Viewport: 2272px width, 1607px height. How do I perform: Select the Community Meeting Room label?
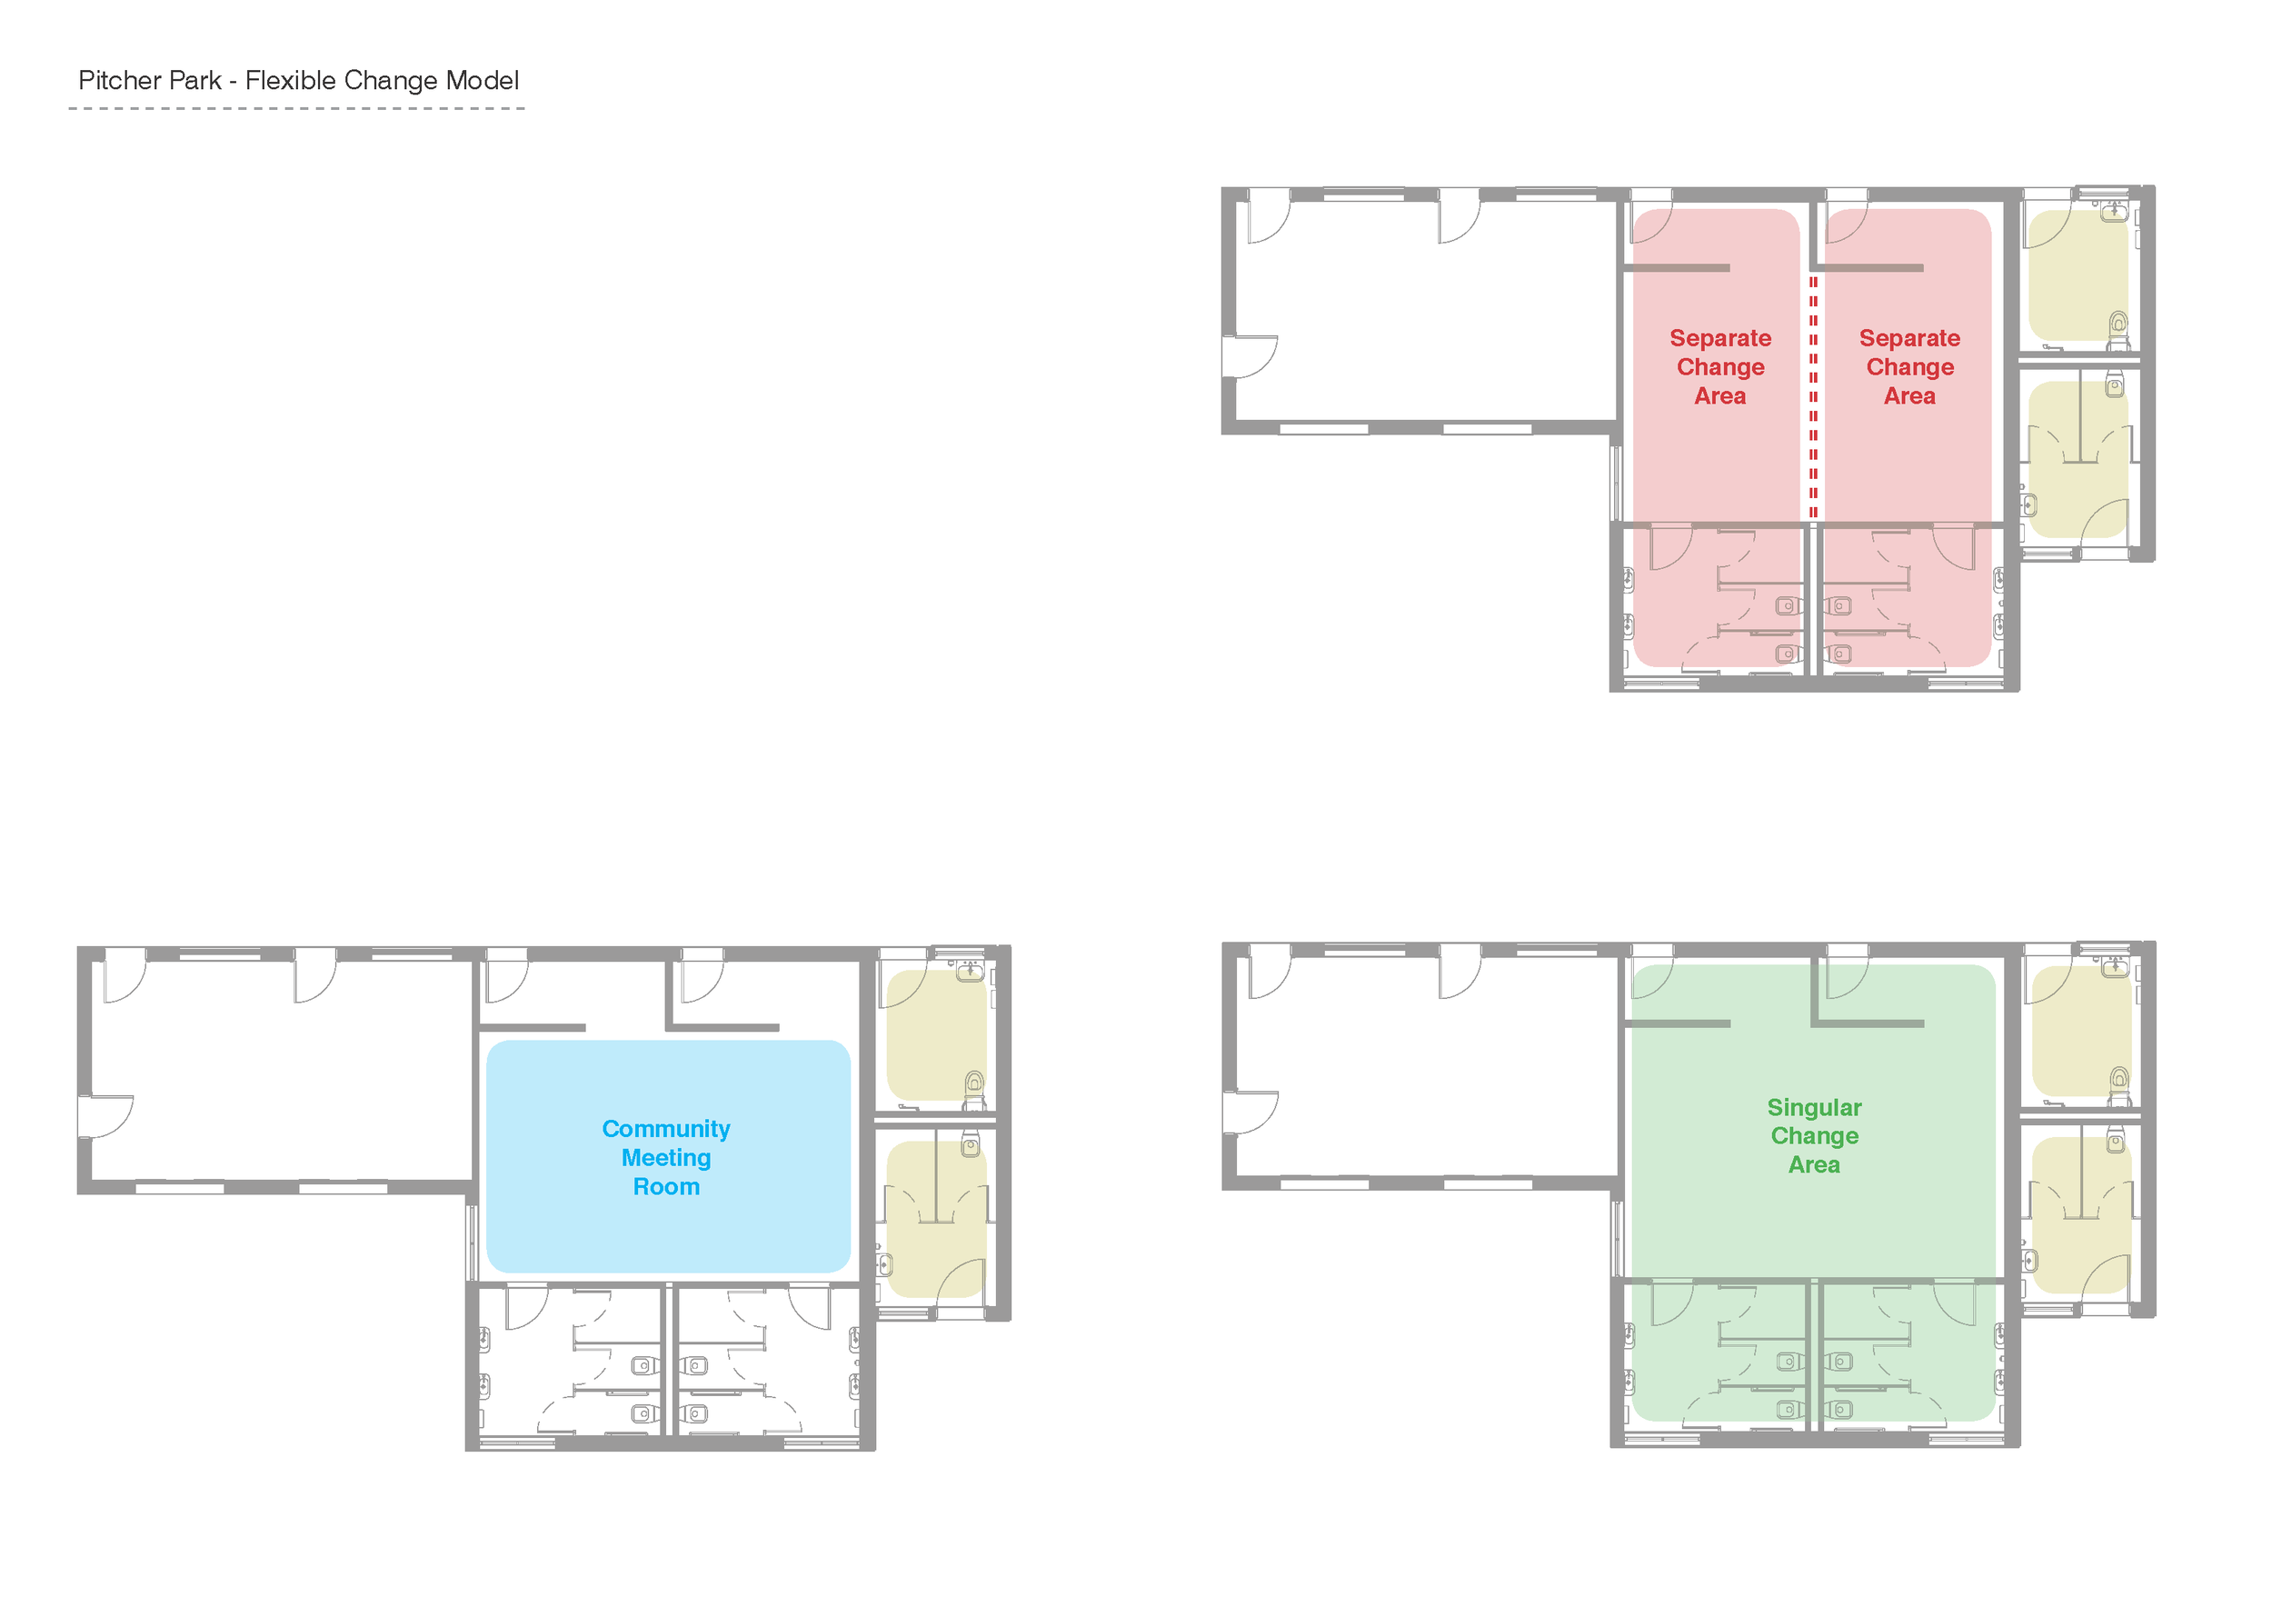click(666, 1158)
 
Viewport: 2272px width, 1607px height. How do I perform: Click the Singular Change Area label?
click(1814, 1136)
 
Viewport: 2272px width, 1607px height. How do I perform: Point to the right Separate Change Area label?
click(1908, 367)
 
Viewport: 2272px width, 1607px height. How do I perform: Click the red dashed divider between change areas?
click(1813, 395)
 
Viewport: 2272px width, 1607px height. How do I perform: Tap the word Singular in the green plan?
click(1814, 1107)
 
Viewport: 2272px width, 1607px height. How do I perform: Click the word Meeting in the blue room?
click(666, 1158)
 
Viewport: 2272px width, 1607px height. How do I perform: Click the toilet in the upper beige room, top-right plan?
click(2118, 324)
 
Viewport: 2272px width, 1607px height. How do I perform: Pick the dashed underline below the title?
click(296, 108)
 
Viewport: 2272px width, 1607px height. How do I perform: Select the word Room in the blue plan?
click(666, 1186)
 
